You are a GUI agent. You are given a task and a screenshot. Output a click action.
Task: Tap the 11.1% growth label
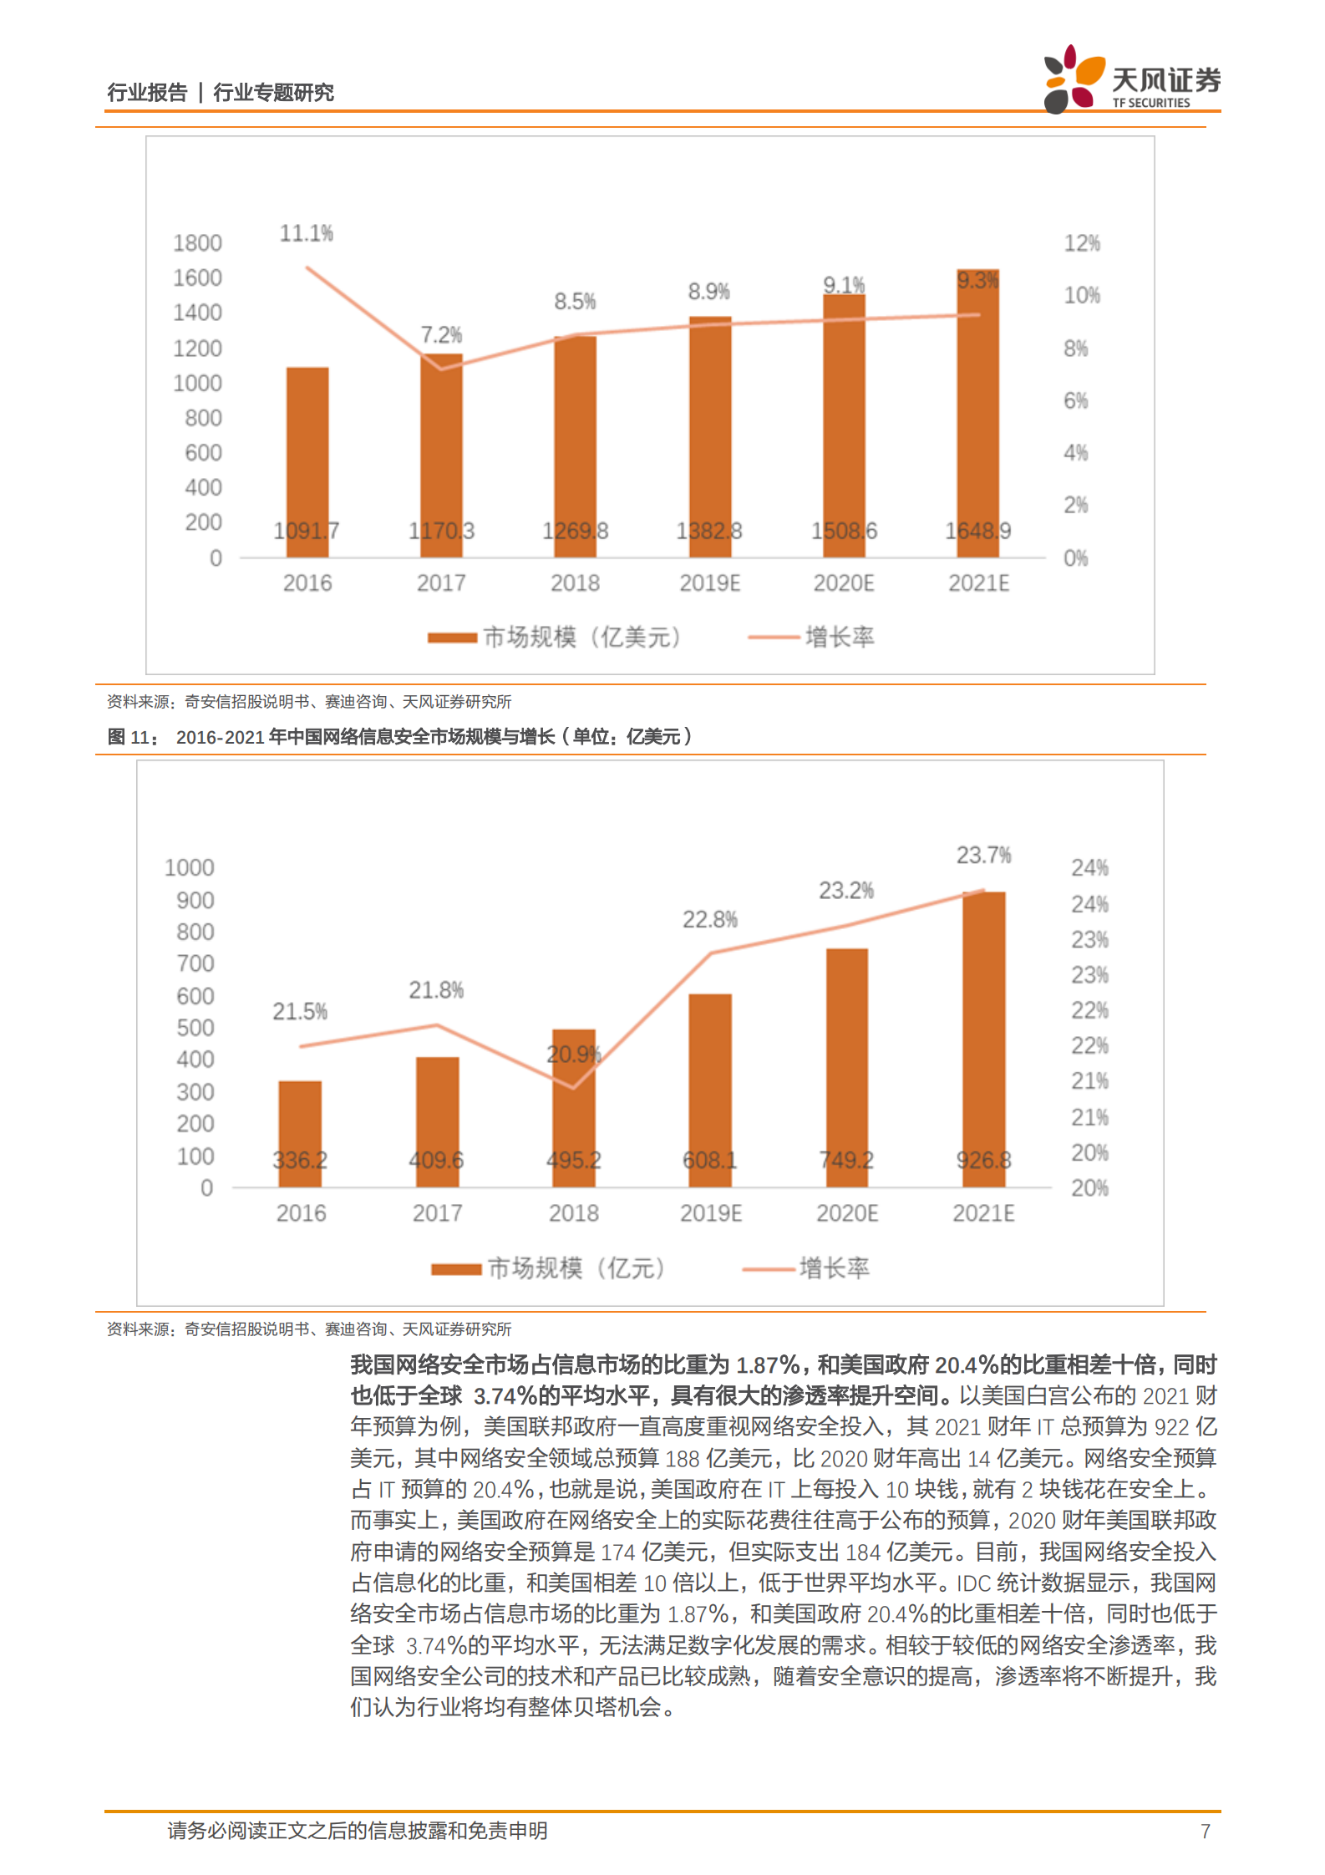point(306,233)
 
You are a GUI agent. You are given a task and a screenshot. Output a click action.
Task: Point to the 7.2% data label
point(441,335)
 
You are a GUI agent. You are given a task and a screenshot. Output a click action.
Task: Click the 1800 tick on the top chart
point(197,243)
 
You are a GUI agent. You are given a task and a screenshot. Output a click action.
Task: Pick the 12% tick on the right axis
point(1081,243)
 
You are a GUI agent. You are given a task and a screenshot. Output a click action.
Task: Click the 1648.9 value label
point(977,531)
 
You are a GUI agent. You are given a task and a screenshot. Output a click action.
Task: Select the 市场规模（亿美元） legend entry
point(556,638)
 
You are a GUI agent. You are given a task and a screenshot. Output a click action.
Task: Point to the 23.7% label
point(983,855)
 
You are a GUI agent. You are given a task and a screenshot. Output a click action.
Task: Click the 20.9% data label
point(574,1054)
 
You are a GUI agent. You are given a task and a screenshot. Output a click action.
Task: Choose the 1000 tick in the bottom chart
point(190,867)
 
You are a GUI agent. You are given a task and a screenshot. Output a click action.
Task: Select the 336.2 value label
point(300,1160)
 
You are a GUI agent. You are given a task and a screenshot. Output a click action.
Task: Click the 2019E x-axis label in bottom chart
point(710,1213)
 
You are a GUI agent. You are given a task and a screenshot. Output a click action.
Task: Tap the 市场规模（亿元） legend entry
point(549,1268)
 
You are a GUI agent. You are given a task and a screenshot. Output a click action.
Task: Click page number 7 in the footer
point(1205,1831)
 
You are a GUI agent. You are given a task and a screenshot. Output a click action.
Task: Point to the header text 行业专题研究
point(273,92)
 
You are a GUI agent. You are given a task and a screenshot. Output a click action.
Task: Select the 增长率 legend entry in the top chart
point(812,638)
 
